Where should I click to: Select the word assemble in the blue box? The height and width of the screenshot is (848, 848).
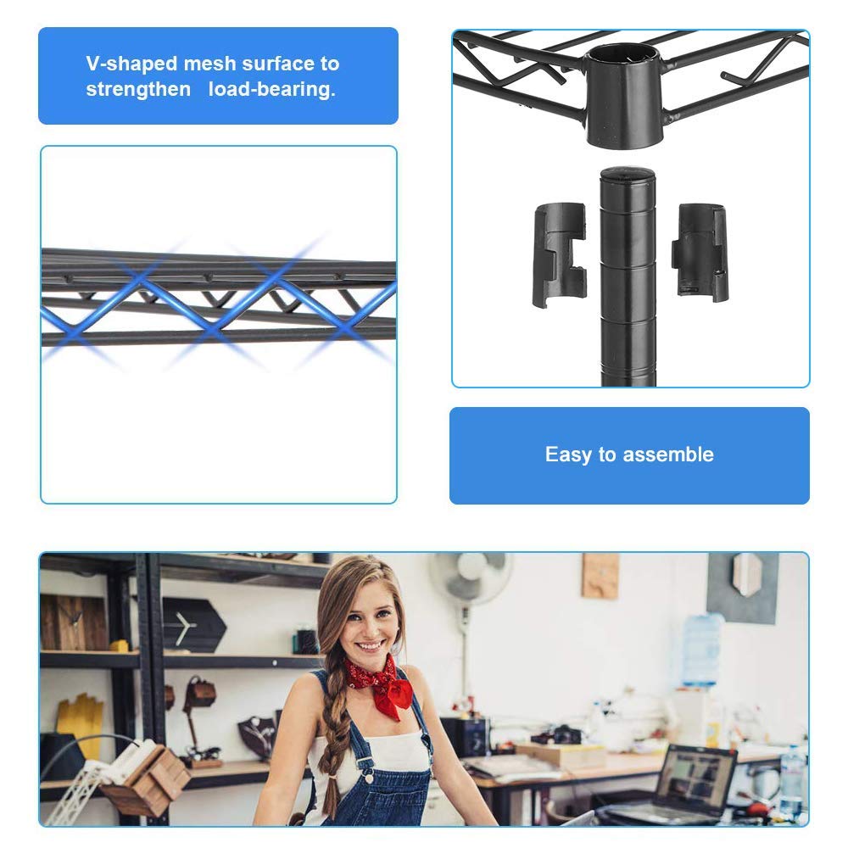pos(667,455)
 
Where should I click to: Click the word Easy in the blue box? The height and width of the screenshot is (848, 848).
pos(568,455)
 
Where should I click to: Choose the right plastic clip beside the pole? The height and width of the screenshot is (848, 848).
pos(701,251)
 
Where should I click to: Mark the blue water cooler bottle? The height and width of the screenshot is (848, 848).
pos(702,649)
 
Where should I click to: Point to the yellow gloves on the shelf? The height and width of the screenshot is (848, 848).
pos(80,722)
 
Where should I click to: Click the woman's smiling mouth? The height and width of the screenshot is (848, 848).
pos(370,647)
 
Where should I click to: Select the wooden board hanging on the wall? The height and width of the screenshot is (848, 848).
pos(600,576)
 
